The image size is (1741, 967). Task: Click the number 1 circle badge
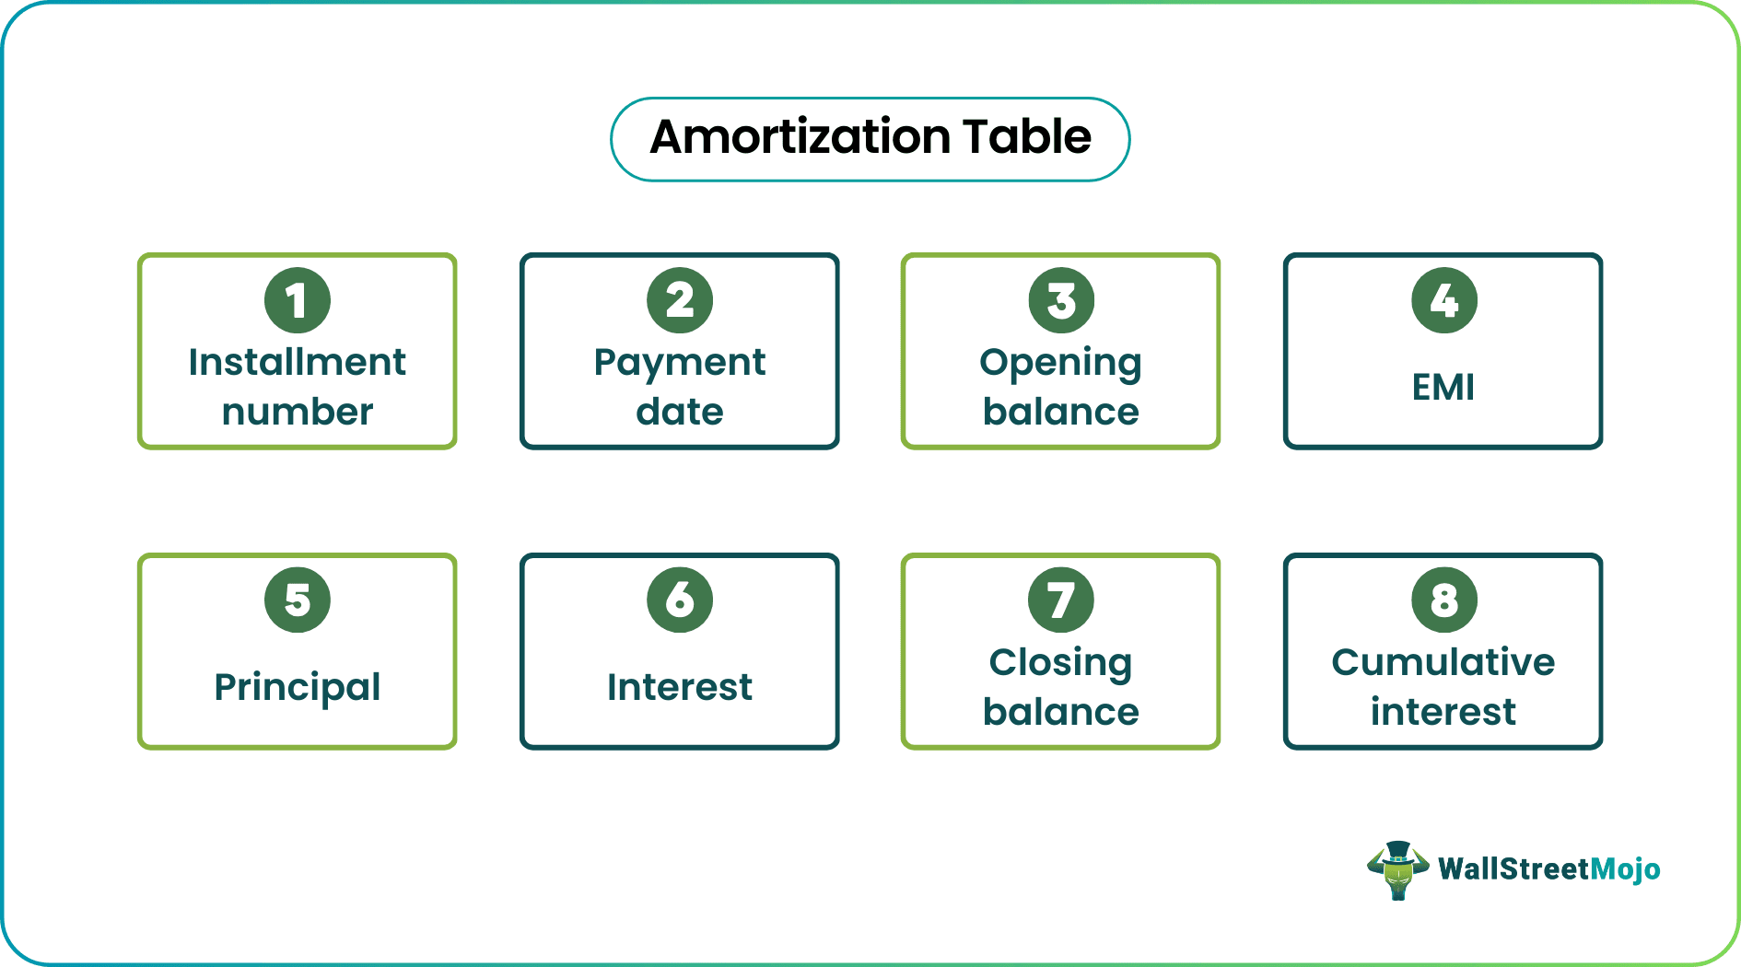[x=297, y=300]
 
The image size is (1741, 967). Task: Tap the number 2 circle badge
[x=680, y=300]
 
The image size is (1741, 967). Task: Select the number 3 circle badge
[x=1061, y=300]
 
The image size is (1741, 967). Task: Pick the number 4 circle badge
[x=1443, y=300]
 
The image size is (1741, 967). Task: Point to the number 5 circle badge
[x=297, y=600]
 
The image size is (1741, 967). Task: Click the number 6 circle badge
[x=680, y=600]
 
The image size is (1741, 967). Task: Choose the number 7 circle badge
[x=1061, y=600]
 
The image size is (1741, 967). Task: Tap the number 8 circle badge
[x=1443, y=600]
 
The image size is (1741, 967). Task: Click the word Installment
[x=297, y=362]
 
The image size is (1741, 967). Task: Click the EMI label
[x=1443, y=387]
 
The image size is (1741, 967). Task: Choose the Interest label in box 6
[x=680, y=687]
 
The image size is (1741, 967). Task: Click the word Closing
[x=1060, y=663]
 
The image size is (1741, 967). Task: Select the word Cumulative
[x=1443, y=662]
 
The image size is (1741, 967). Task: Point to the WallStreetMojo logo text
[x=1548, y=869]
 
